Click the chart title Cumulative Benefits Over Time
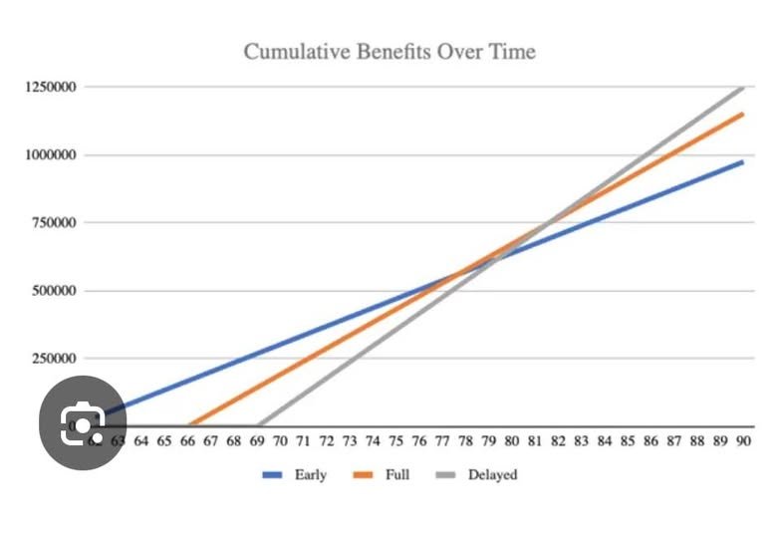pyautogui.click(x=390, y=51)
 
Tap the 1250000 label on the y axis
pyautogui.click(x=54, y=88)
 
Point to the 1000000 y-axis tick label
pyautogui.click(x=54, y=155)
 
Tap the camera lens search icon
pyautogui.click(x=83, y=425)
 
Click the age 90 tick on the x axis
pyautogui.click(x=743, y=442)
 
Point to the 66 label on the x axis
pyautogui.click(x=187, y=442)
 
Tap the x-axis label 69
pyautogui.click(x=257, y=442)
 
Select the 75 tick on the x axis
pyautogui.click(x=395, y=442)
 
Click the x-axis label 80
pyautogui.click(x=512, y=442)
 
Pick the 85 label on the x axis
pyautogui.click(x=628, y=442)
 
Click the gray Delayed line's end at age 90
pyautogui.click(x=743, y=88)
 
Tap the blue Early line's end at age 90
pyautogui.click(x=743, y=161)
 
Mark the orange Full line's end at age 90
pyautogui.click(x=743, y=114)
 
